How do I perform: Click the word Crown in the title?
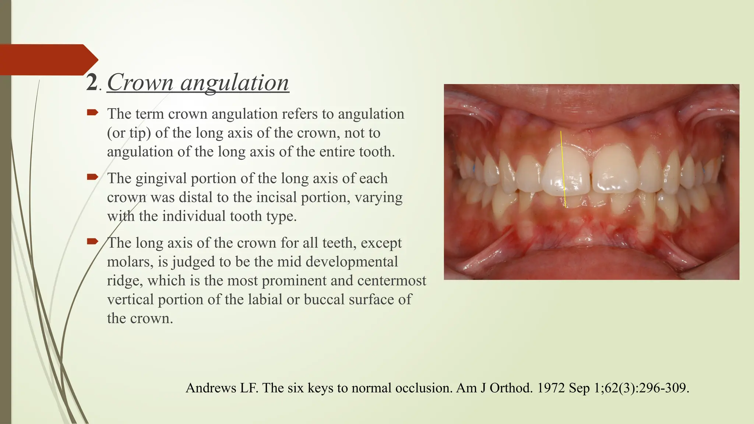pyautogui.click(x=140, y=82)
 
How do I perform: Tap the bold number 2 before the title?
pyautogui.click(x=92, y=82)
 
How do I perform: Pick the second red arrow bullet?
pyautogui.click(x=92, y=177)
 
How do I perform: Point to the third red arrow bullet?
pyautogui.click(x=92, y=241)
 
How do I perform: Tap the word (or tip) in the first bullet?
pyautogui.click(x=129, y=133)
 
